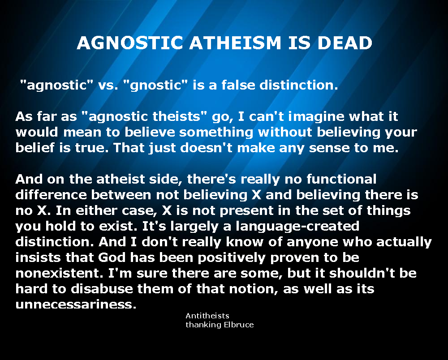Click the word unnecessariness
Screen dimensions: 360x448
pyautogui.click(x=75, y=304)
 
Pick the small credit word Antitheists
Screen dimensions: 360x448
pyautogui.click(x=207, y=316)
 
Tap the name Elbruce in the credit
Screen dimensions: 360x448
pyautogui.click(x=238, y=325)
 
